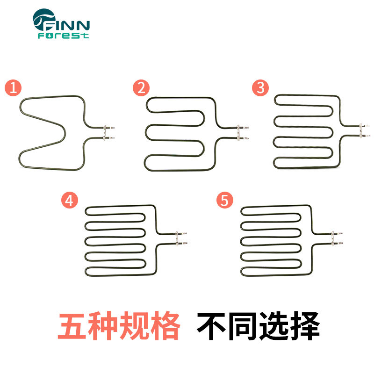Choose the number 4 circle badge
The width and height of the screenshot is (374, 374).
69,201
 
